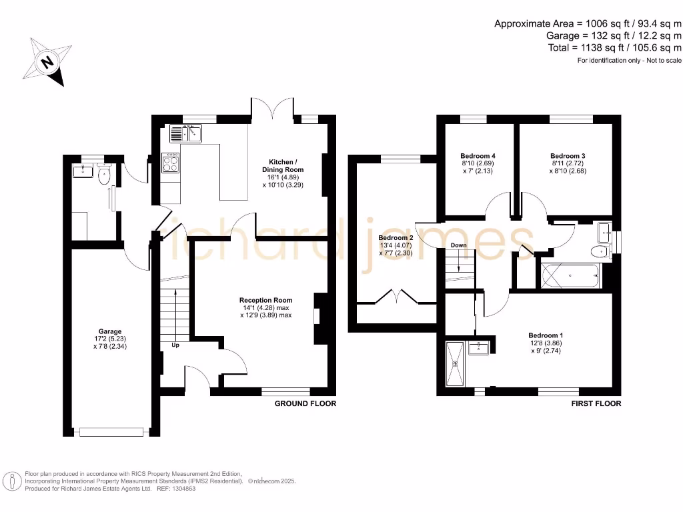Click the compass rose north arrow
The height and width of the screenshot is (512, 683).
click(x=46, y=63)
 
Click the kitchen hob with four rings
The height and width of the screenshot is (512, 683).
click(x=171, y=163)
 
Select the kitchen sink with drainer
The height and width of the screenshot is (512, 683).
click(x=186, y=134)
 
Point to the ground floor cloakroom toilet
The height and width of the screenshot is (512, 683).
click(x=103, y=176)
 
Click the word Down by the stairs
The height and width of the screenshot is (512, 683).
click(x=458, y=245)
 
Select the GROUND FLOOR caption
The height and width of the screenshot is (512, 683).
click(x=305, y=403)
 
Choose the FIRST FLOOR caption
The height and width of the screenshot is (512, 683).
click(x=596, y=403)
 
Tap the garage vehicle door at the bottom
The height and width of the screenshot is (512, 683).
click(x=111, y=432)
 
